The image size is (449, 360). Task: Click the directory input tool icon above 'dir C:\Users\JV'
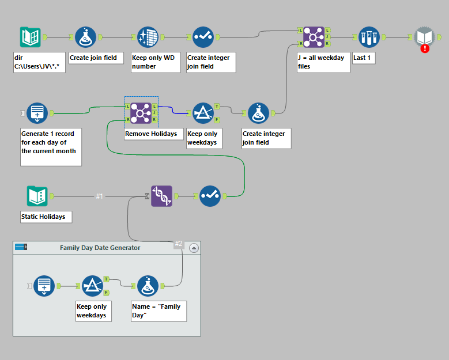pos(30,37)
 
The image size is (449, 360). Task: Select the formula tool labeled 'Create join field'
pos(85,37)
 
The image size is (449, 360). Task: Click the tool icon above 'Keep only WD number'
pos(148,37)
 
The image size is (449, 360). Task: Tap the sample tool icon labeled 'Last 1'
pos(369,37)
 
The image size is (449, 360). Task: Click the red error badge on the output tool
pos(425,48)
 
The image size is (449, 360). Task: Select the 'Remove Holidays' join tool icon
pos(141,113)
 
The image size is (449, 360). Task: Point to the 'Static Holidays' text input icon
pos(37,196)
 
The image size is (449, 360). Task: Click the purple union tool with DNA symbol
pos(161,196)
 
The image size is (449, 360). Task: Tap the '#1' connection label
pos(99,196)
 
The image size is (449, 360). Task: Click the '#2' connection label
pos(179,244)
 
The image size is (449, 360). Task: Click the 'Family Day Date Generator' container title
pos(100,248)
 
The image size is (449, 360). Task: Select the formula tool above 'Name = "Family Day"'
pos(148,285)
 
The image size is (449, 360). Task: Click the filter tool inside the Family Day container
pos(92,285)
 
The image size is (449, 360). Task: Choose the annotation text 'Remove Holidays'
pos(150,134)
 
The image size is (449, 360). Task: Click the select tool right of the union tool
pos(210,196)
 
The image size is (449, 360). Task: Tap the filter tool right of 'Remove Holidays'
pos(203,113)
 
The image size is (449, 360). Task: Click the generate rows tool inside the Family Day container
pos(44,285)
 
